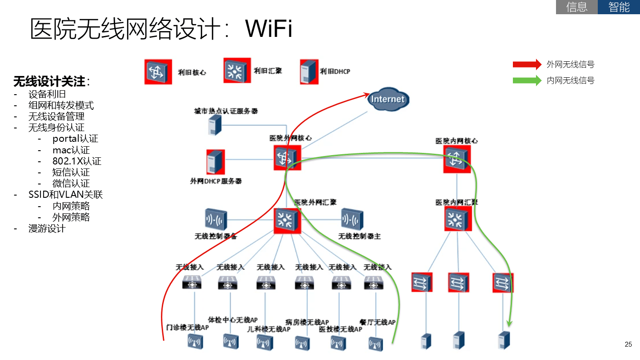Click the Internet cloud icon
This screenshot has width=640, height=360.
[388, 99]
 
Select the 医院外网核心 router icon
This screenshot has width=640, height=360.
[287, 157]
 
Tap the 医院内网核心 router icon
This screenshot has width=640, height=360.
[457, 159]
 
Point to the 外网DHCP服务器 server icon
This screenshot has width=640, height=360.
[216, 162]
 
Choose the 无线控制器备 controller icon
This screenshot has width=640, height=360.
[216, 220]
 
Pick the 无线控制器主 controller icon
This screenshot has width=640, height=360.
[352, 220]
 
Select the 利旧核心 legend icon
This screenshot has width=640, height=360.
[158, 72]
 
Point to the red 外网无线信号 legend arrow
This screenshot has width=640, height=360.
[527, 64]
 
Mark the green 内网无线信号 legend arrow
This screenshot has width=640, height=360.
[527, 80]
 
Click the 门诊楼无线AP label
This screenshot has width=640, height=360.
[184, 328]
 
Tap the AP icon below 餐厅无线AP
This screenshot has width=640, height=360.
[376, 343]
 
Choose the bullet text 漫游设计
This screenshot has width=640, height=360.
[47, 228]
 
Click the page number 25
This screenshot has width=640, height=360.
[628, 344]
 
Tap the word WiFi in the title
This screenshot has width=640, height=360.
[269, 29]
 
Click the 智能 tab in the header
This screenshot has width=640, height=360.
[619, 7]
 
